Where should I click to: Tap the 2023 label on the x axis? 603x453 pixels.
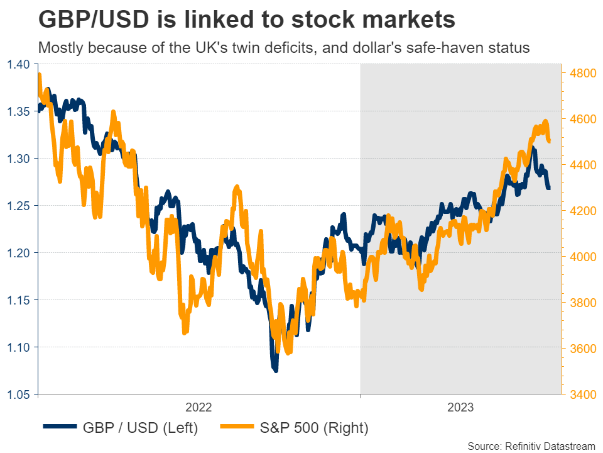pyautogui.click(x=460, y=407)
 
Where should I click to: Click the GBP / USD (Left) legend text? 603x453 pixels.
pyautogui.click(x=141, y=428)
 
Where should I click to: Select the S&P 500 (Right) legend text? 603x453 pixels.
pyautogui.click(x=314, y=428)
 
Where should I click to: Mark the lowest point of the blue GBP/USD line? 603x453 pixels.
pyautogui.click(x=275, y=371)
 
